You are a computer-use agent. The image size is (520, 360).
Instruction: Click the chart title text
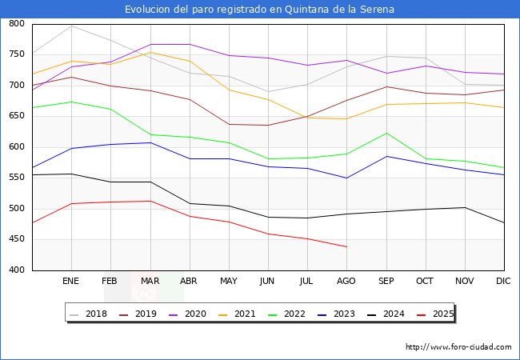259,10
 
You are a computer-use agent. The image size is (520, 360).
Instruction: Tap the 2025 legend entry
442,314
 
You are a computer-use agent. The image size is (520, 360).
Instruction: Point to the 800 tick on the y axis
17,24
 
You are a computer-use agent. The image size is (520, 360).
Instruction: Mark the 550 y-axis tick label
17,178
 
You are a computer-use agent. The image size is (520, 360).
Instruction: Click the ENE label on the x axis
71,282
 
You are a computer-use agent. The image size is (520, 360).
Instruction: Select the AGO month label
346,282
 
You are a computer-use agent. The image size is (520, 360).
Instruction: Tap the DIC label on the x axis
503,282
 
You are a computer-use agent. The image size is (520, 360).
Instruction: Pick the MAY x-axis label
229,282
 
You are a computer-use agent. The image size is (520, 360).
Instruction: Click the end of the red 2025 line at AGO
346,246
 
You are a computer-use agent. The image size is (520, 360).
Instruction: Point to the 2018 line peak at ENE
72,26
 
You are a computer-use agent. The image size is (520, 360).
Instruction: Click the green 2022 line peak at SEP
386,133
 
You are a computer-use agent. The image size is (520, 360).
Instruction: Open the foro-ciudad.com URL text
458,347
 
